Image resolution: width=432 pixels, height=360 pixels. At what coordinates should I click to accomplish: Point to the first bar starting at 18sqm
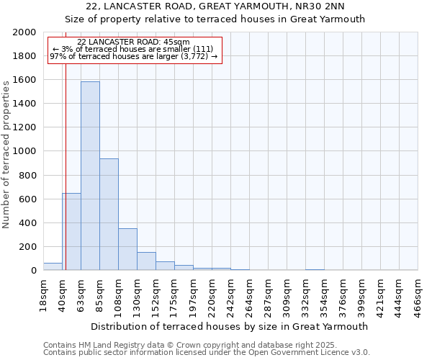pos(53,266)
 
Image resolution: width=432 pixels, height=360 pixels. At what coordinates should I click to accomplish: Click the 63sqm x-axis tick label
pos(81,292)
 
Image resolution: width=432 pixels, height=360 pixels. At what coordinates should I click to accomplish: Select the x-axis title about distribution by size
pos(229,326)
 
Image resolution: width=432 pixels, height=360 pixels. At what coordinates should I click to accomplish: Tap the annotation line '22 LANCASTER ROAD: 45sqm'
pos(133,42)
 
